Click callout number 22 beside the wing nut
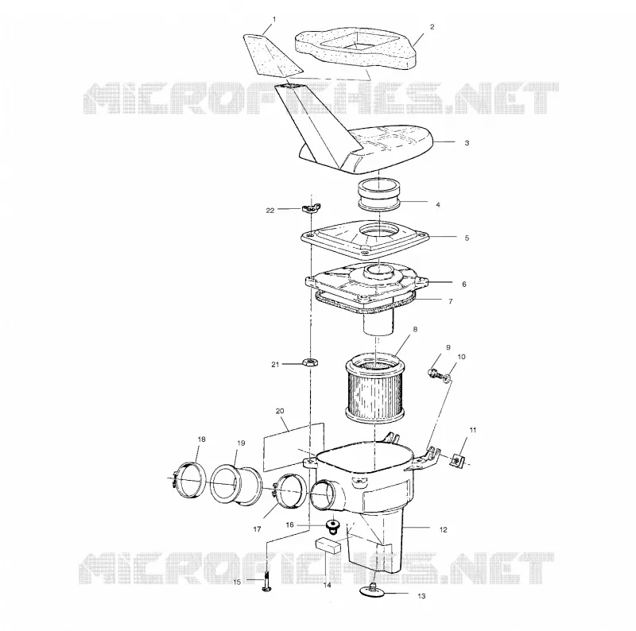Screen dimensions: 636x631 pos(270,210)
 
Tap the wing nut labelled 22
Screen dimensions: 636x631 pos(309,208)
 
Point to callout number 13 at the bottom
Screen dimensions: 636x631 pos(421,596)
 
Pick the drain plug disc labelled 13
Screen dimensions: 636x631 pos(374,590)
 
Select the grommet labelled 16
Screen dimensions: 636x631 pos(333,525)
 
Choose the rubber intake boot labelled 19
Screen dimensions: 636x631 pos(236,485)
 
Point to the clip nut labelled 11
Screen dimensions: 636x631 pos(458,460)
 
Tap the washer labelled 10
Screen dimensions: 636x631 pos(447,378)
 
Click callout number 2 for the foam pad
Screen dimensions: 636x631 pos(432,27)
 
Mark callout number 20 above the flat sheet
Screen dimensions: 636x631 pos(280,411)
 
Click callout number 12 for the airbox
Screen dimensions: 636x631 pos(444,529)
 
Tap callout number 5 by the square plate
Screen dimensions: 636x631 pos(467,238)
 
